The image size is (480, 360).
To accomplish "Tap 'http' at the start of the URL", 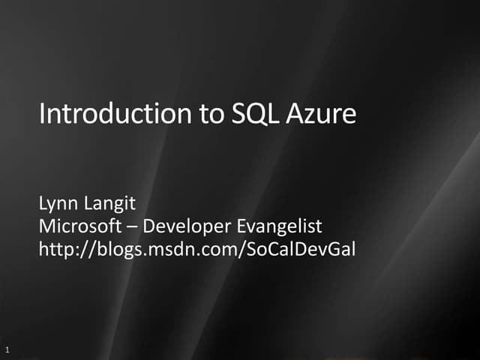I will (x=55, y=248).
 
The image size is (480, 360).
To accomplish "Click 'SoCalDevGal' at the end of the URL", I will (x=298, y=248).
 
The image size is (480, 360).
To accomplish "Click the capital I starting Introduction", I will (x=41, y=115).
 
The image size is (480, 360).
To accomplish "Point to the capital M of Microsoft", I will (x=46, y=226).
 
